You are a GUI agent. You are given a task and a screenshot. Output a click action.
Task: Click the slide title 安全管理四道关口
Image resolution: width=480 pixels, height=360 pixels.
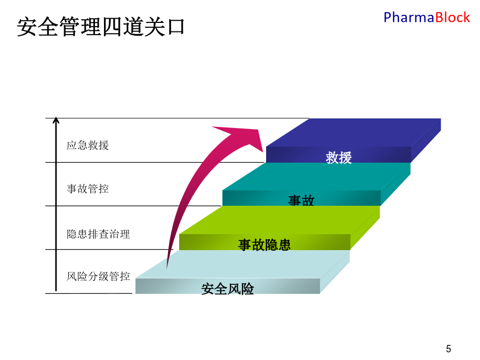point(101,27)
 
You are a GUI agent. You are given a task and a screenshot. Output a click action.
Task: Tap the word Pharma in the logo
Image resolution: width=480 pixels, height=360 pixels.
point(409,18)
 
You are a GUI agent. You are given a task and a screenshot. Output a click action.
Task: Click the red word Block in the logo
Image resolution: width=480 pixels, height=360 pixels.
point(452,18)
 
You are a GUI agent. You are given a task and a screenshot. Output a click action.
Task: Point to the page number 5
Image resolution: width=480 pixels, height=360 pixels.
point(449,349)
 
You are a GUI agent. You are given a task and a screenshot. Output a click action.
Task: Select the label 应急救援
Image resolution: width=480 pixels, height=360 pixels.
point(87,145)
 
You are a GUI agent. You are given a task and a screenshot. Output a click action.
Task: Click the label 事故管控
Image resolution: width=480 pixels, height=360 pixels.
point(87,189)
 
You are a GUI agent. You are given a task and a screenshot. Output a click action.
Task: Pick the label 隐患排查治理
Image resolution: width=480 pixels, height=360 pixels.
point(98,234)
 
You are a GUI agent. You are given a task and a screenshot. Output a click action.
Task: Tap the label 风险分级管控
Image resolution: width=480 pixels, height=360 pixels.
point(98,276)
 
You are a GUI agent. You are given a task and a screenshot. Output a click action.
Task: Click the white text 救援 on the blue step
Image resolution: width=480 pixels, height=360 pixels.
point(339,158)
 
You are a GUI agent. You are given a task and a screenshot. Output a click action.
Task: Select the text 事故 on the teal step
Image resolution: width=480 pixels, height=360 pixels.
point(301,201)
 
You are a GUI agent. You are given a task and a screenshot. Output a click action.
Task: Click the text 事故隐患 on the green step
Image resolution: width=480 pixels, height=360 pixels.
point(264,245)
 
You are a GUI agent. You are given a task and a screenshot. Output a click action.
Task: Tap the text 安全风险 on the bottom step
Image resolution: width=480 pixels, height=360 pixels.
point(227,289)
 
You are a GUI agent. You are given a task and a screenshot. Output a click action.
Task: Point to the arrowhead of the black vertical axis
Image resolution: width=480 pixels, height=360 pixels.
point(55,120)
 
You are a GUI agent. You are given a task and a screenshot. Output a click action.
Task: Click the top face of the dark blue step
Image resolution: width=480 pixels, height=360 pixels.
point(354,133)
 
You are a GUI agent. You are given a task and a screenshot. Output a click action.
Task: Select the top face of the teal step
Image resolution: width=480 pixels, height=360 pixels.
point(316,177)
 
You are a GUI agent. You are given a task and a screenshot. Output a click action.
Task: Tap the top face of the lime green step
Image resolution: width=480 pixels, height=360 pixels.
point(279,220)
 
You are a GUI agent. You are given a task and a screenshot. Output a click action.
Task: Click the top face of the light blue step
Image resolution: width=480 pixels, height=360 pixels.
point(243,264)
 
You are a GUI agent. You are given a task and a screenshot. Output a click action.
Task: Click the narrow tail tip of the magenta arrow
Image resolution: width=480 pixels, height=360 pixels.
point(167,267)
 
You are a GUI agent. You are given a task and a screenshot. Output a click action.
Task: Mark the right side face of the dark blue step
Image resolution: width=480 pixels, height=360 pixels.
point(426,140)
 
